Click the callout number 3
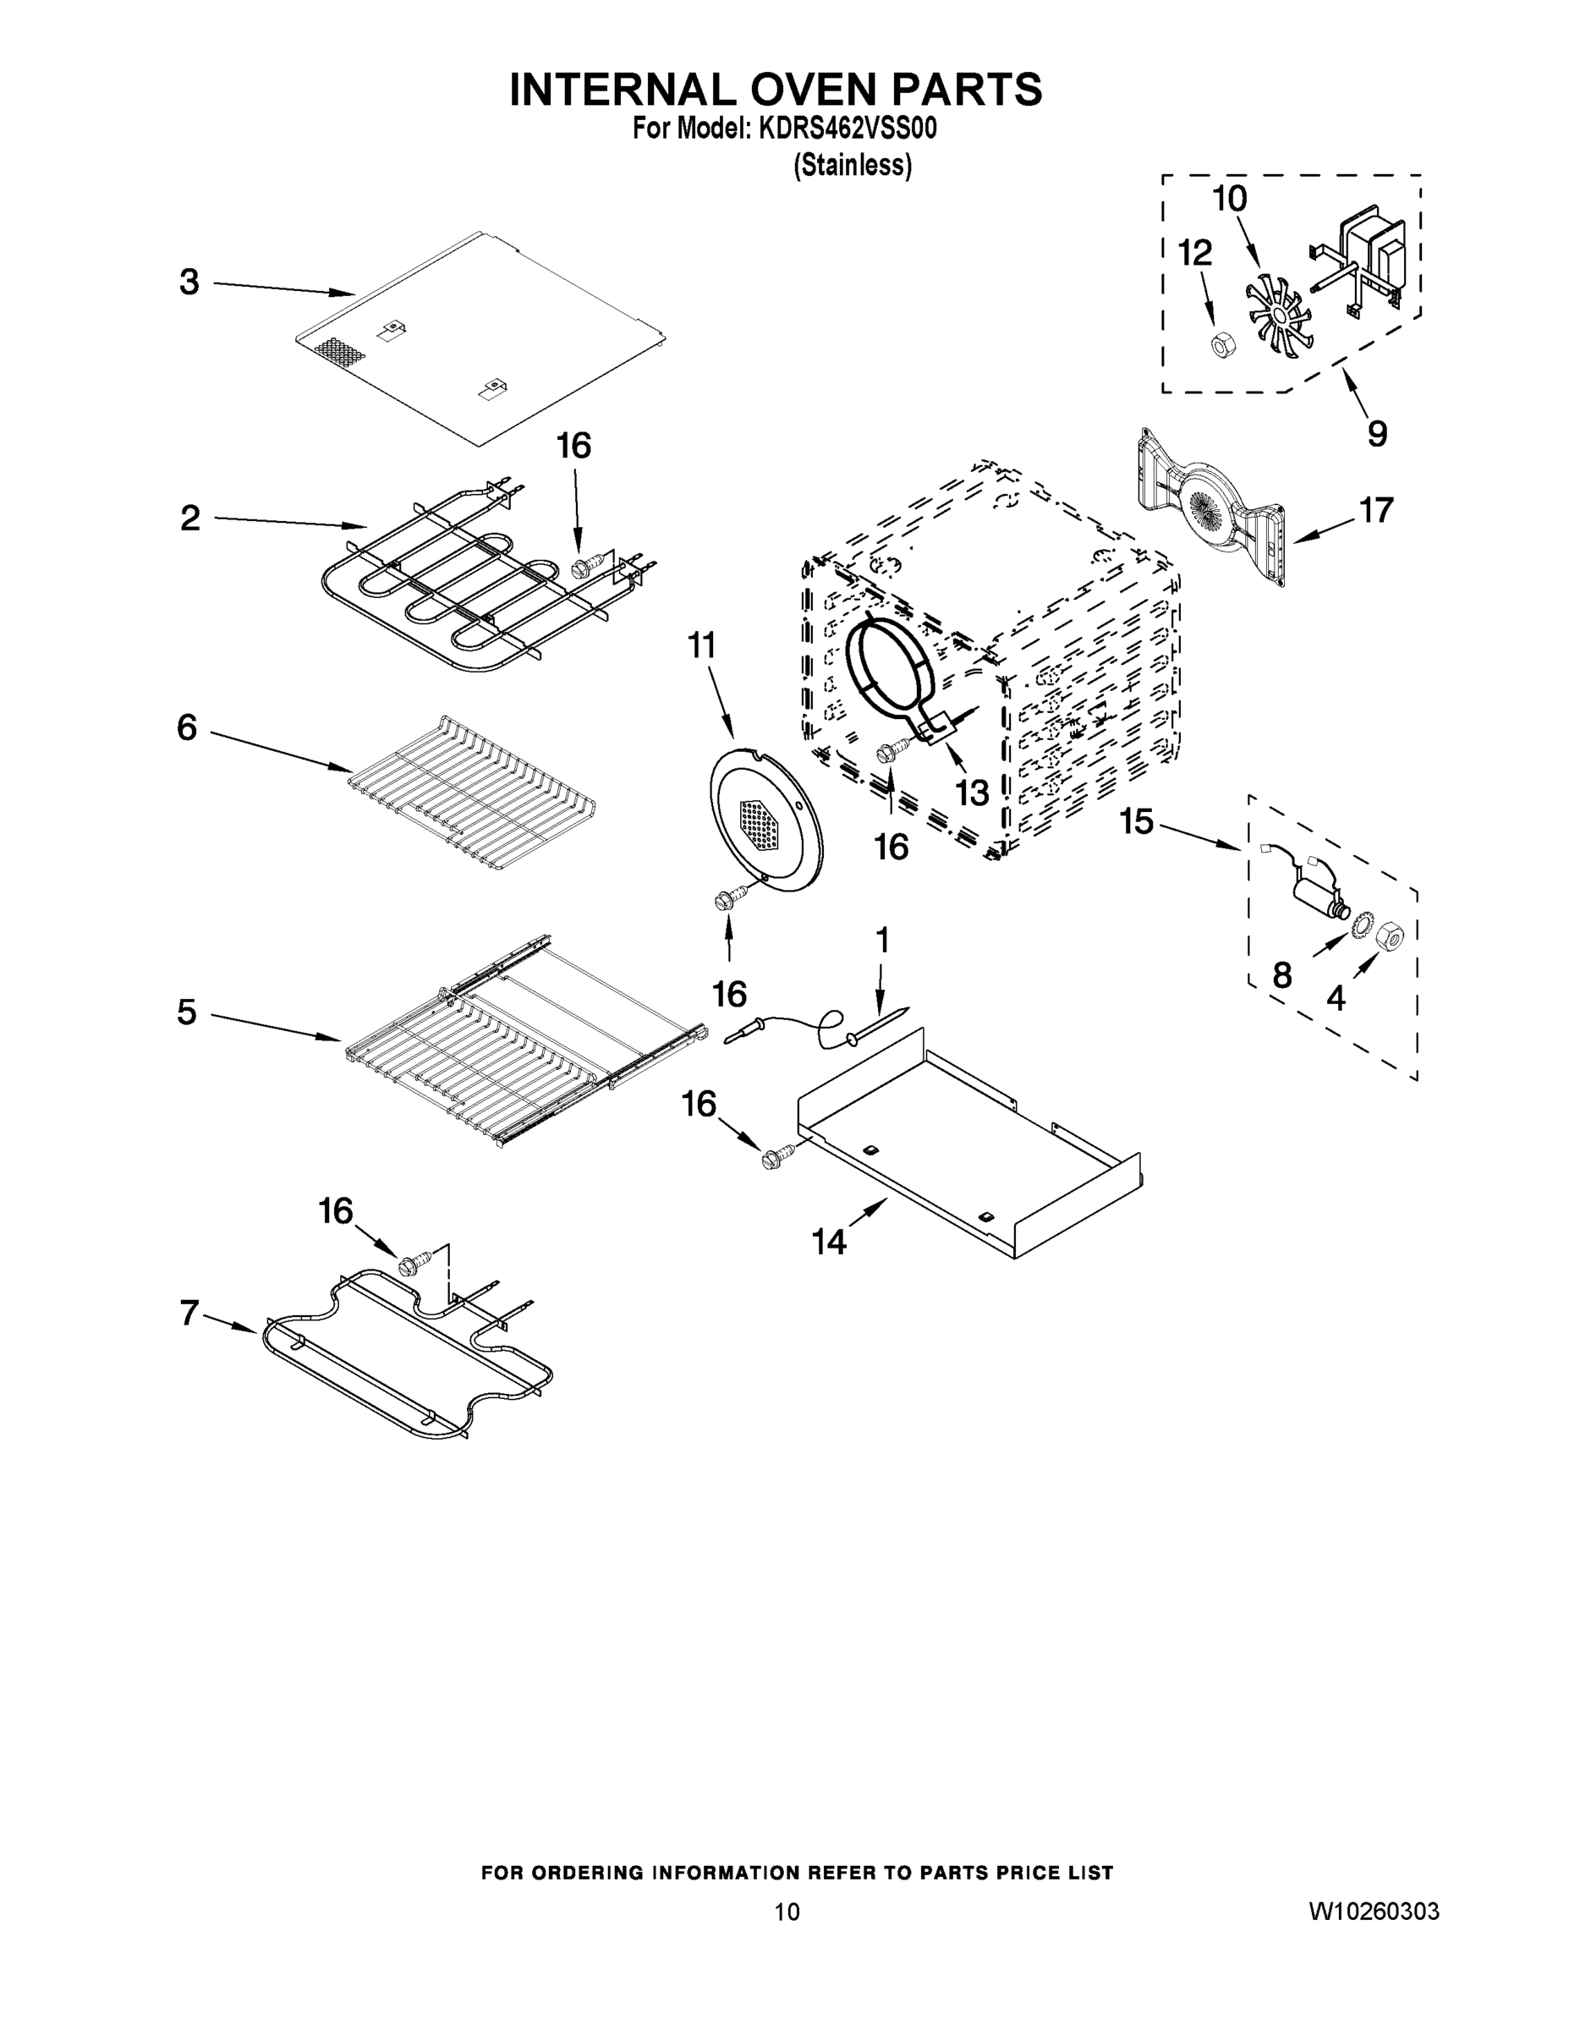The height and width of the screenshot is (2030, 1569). pos(189,283)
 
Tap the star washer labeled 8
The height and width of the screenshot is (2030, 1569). pos(1363,924)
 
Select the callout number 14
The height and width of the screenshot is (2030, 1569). pos(829,1242)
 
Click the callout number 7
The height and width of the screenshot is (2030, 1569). pos(189,1314)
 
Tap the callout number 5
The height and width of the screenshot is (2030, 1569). pos(187,1012)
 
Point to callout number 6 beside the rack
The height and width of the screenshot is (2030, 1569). pos(187,727)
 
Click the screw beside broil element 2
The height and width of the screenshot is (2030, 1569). pos(583,565)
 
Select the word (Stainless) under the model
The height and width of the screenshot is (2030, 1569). pos(852,166)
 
